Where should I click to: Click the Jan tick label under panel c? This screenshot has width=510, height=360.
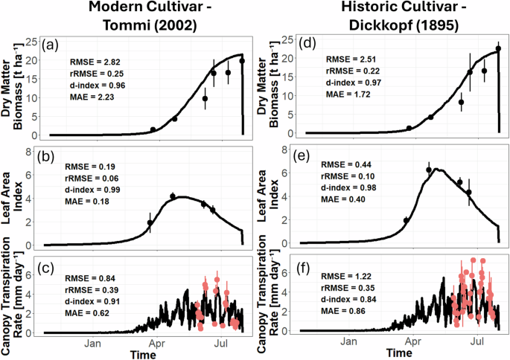pos(92,344)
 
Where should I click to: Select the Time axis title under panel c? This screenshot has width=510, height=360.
pos(141,354)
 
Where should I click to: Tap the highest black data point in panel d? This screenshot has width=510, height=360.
pos(498,49)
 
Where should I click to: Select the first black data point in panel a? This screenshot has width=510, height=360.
pos(153,129)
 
